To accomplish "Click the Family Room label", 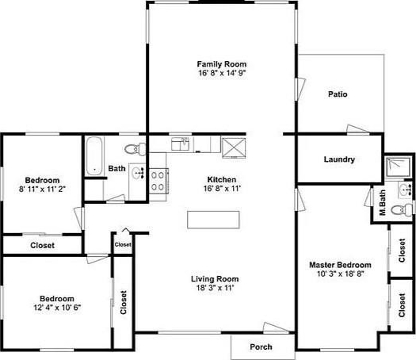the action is coord(222,64).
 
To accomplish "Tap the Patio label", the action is coord(338,94).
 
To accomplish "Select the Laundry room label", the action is coord(339,159).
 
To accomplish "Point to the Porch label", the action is coord(261,347).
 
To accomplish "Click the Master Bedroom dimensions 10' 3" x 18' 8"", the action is coord(340,274).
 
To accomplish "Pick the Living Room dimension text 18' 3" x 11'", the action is coord(215,288).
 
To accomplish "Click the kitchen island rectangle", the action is coord(213,220).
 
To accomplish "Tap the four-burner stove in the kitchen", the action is coord(158,181).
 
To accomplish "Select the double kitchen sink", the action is coord(180,144).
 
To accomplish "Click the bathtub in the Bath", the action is coord(94,155).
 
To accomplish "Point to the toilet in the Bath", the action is coord(135,149).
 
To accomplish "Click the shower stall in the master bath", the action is coord(399,167).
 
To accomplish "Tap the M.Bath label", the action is coord(382,202).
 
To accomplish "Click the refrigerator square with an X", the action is coord(234,147).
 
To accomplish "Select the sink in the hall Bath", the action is coord(138,174).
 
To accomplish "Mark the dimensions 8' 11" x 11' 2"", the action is coord(42,190).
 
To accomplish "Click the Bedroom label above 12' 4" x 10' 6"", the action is coord(57,299).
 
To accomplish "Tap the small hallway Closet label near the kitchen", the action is coord(123,244).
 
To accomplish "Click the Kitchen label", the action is coord(222,179).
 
